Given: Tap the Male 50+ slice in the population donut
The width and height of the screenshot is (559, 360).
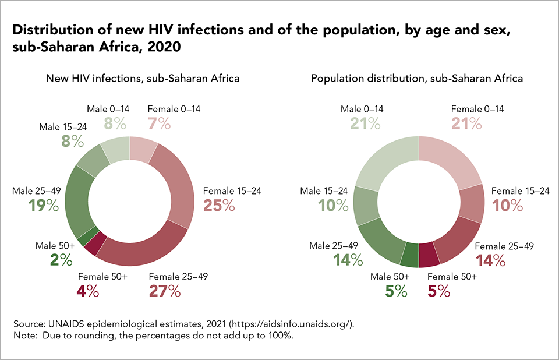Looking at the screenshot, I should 410,253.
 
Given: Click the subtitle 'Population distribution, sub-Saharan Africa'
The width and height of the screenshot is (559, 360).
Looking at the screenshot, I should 417,78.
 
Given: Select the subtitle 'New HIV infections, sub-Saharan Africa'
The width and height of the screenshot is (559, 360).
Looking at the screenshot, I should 143,78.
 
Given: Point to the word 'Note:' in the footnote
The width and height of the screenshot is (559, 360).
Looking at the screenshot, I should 26,336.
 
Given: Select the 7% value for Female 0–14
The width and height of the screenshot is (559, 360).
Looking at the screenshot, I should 159,123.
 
